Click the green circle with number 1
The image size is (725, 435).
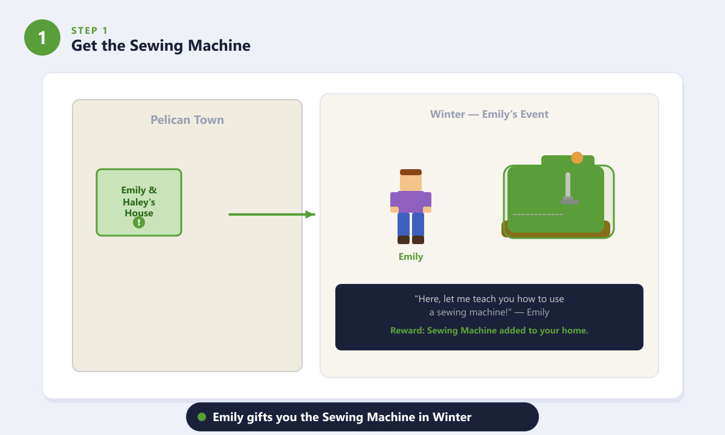point(42,37)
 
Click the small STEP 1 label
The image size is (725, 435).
point(89,30)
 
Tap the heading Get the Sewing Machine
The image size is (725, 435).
point(161,46)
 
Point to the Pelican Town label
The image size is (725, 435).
point(187,120)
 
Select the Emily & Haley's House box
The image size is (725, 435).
point(139,202)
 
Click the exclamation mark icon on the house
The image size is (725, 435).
point(139,222)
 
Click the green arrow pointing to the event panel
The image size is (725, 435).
point(272,214)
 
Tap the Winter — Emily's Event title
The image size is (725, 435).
point(489,114)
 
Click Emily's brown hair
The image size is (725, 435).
point(411,172)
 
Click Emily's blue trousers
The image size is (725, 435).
point(411,224)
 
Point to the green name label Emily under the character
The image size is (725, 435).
point(411,257)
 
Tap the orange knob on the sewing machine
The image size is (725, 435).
point(577,158)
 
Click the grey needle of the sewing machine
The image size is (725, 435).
point(569,188)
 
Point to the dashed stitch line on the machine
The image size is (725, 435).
point(538,214)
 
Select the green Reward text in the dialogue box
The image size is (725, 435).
point(489,330)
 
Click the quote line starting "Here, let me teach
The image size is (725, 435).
point(489,298)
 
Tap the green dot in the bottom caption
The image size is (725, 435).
point(202,417)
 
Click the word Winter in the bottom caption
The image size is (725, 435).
point(452,417)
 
